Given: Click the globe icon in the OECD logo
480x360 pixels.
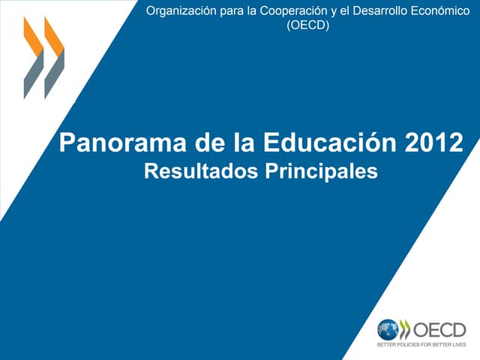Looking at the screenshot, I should (x=388, y=330).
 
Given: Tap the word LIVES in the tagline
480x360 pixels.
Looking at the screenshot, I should (x=457, y=345).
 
